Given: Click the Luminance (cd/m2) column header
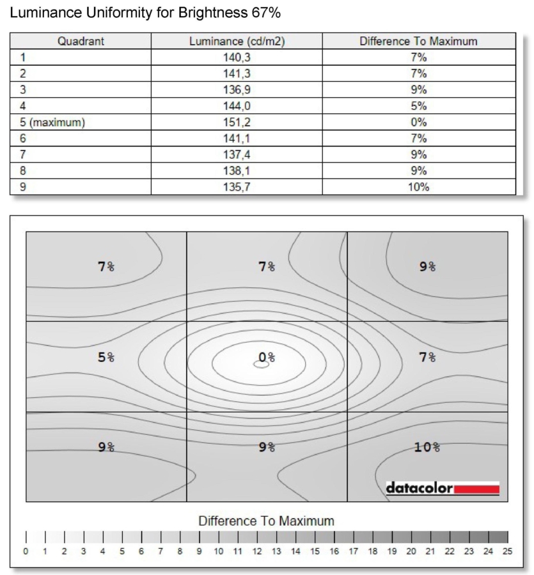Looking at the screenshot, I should pyautogui.click(x=237, y=42).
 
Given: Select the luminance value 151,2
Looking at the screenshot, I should pyautogui.click(x=237, y=122).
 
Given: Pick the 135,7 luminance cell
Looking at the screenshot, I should pyautogui.click(x=237, y=187).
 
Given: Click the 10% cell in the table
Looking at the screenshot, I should pyautogui.click(x=418, y=187).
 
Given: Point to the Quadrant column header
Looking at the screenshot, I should pyautogui.click(x=81, y=42).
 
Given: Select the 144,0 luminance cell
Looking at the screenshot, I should pyautogui.click(x=237, y=106).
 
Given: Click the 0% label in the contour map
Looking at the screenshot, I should pyautogui.click(x=266, y=357).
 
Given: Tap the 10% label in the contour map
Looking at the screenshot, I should pyautogui.click(x=427, y=447).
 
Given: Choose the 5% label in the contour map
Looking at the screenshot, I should pyautogui.click(x=106, y=357).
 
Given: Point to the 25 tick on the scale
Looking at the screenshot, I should pyautogui.click(x=508, y=551).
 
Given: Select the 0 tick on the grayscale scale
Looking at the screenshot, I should pyautogui.click(x=26, y=551).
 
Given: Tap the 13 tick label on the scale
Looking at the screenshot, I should pyautogui.click(x=276, y=551).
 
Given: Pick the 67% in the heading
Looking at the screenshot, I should pyautogui.click(x=267, y=12).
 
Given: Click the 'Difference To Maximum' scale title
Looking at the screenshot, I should pyautogui.click(x=266, y=521).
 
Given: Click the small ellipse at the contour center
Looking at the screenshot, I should pyautogui.click(x=261, y=364).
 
